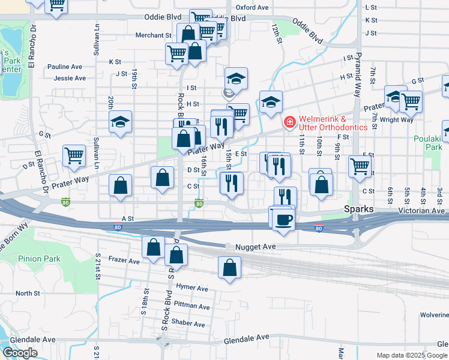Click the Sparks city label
359,209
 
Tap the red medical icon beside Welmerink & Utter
290,122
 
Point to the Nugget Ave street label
255,247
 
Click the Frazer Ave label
124,261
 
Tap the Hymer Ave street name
192,289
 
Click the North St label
28,293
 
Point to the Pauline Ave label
64,67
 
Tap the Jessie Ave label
70,78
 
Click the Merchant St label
154,35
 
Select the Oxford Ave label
252,7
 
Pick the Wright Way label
397,120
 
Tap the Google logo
20,353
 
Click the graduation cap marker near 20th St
120,122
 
